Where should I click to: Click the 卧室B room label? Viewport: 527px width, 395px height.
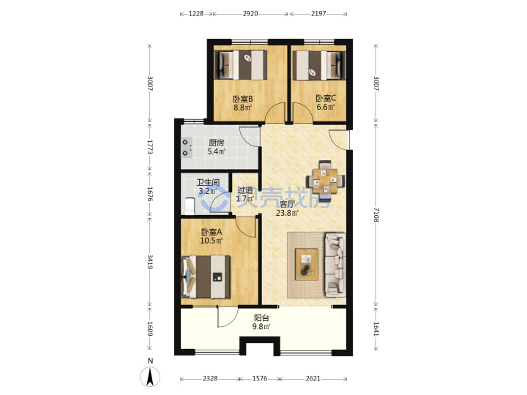point(243,99)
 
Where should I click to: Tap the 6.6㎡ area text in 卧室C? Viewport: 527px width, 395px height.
point(325,107)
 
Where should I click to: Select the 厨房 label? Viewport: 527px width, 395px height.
point(216,143)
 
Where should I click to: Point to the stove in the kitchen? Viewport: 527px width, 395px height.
point(186,148)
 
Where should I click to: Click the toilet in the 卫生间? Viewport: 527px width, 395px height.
point(190,206)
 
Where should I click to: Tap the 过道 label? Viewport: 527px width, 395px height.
point(244,190)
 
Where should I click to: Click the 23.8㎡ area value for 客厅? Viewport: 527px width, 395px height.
point(287,213)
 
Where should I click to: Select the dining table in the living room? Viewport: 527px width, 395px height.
point(325,181)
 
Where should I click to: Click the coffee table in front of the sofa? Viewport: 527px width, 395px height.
point(307,264)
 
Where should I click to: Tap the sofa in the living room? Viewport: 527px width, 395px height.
point(335,265)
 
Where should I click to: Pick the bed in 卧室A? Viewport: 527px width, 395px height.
point(206,277)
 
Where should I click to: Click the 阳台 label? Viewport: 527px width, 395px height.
point(261,317)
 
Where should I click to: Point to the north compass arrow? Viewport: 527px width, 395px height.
point(150,377)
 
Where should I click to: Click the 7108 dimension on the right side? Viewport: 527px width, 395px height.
point(375,214)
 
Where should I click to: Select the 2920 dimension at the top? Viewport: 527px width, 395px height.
point(250,14)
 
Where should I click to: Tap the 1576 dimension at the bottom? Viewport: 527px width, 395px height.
point(259,379)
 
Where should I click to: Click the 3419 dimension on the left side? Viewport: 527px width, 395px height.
point(150,262)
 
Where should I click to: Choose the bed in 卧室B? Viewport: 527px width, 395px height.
point(241,65)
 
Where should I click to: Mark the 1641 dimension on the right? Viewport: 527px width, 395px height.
point(375,329)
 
